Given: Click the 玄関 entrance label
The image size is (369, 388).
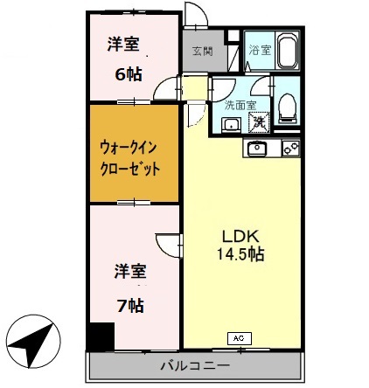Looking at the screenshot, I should click(x=202, y=52).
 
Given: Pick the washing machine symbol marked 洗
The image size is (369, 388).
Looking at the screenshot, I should click(x=259, y=121).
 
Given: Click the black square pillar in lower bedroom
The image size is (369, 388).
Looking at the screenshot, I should click(x=99, y=335).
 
